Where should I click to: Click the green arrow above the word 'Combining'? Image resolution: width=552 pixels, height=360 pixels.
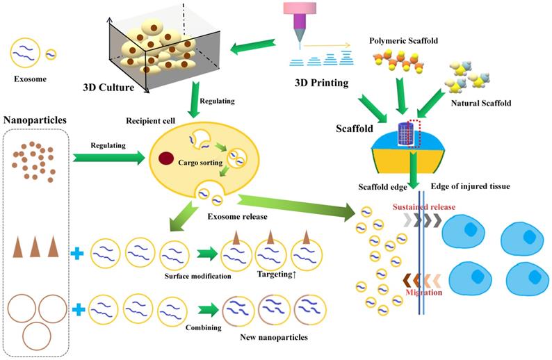(x=207, y=309)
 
